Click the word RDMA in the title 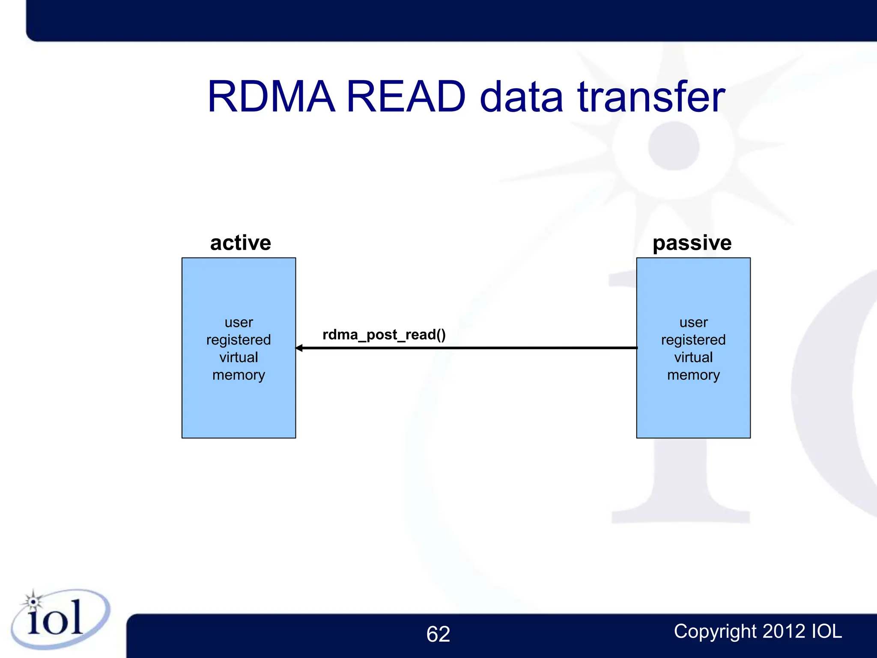tap(271, 97)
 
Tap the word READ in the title tap(405, 97)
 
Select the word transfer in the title tap(651, 97)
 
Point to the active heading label tap(240, 243)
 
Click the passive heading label tap(692, 243)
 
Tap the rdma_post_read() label tap(384, 335)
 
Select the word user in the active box tap(239, 322)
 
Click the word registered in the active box tap(239, 340)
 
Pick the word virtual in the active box tap(239, 357)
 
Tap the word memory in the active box tap(239, 375)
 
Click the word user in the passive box tap(693, 322)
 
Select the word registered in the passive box tap(693, 340)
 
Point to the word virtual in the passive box tap(693, 357)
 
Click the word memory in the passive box tap(693, 375)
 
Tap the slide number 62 tap(438, 634)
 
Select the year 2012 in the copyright tap(784, 631)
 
